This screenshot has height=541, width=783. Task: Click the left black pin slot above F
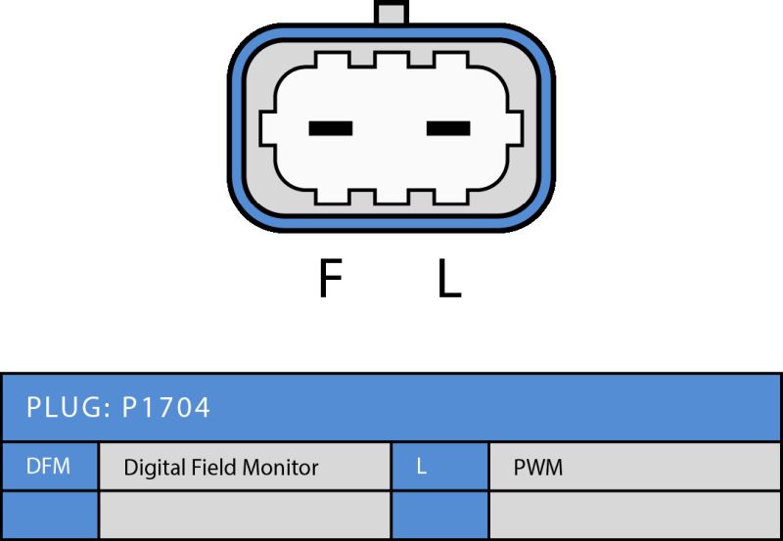(331, 128)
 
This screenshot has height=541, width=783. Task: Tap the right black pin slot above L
(448, 128)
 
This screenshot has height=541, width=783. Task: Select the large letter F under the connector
(330, 278)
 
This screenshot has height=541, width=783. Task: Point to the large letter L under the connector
(449, 278)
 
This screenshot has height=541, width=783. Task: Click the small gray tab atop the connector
(391, 12)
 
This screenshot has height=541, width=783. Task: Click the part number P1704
(165, 407)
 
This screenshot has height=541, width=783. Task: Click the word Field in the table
(207, 467)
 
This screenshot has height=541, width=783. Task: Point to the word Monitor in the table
(280, 468)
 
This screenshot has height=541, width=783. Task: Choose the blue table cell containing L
(439, 467)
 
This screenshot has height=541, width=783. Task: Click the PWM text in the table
(537, 468)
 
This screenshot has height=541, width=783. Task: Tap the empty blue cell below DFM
(50, 515)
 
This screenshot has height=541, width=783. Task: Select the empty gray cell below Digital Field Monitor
(245, 515)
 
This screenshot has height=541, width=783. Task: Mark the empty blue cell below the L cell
(439, 515)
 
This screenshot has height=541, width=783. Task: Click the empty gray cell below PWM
(634, 515)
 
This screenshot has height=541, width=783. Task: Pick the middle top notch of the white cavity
(391, 60)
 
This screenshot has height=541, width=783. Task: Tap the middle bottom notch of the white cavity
(391, 197)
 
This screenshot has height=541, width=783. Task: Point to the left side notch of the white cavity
(267, 128)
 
